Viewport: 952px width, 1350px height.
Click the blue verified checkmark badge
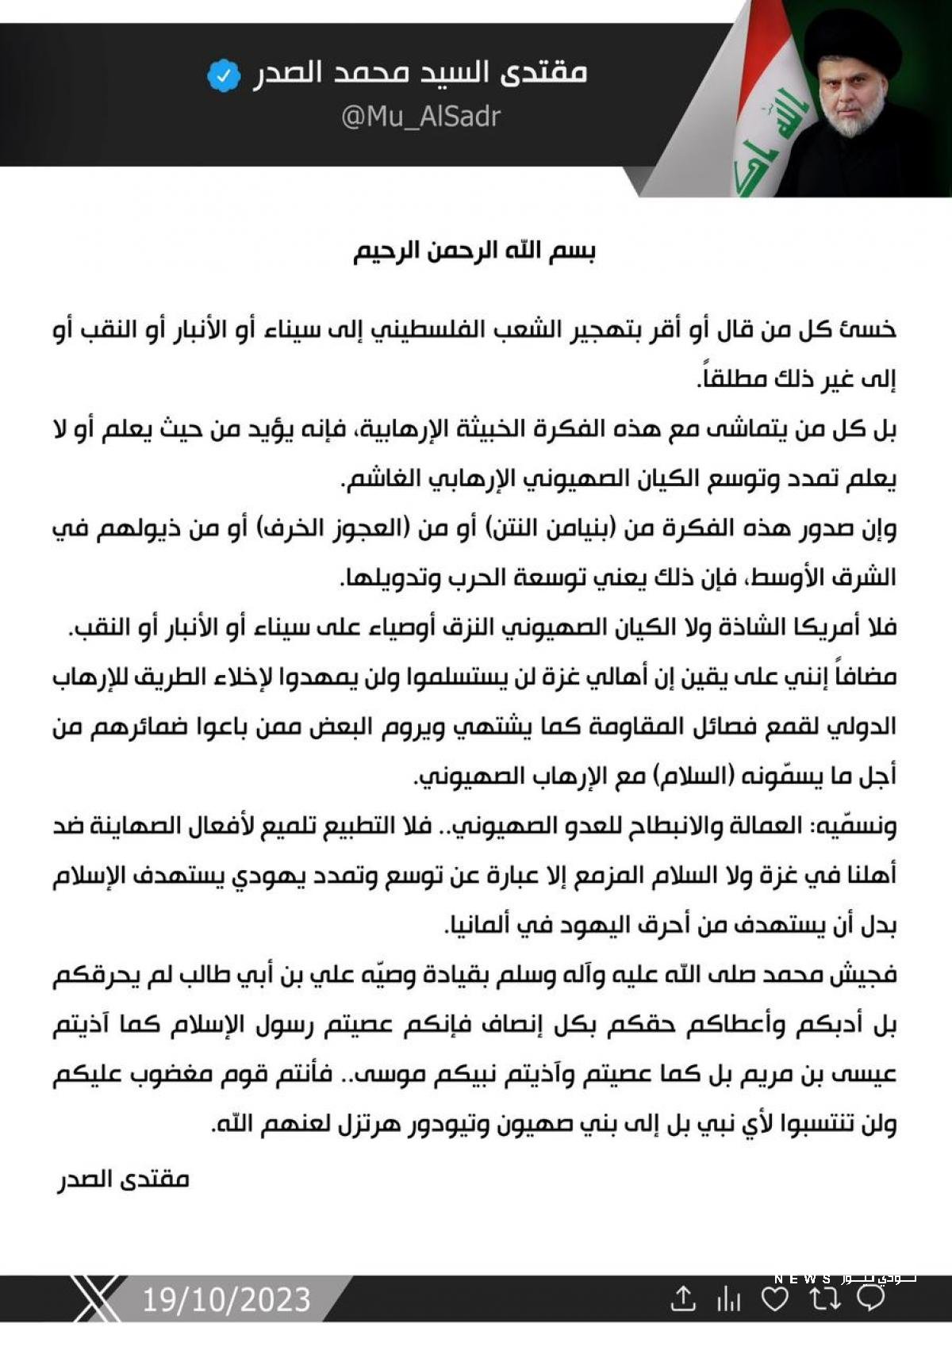tap(224, 76)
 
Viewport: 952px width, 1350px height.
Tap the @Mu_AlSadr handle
tap(420, 117)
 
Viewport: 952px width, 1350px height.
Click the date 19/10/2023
tap(226, 1299)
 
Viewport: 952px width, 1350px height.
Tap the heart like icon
tap(774, 1298)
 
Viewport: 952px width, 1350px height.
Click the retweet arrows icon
tap(823, 1298)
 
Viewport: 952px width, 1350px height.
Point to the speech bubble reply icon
tap(871, 1298)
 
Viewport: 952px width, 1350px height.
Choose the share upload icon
tap(682, 1299)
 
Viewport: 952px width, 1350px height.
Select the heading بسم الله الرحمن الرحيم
tap(474, 251)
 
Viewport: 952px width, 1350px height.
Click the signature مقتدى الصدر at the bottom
tap(123, 1179)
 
